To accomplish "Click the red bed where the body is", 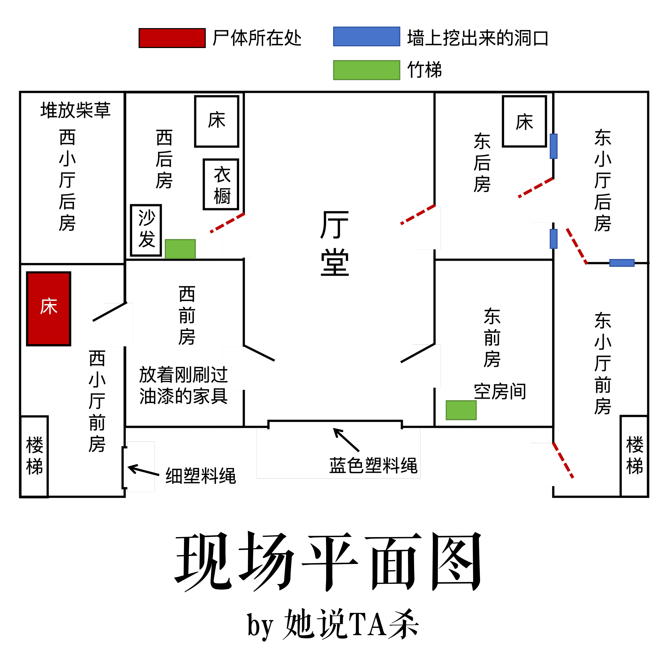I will click(49, 309).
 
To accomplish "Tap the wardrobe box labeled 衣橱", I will click(221, 184).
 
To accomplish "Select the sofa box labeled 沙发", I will click(146, 230).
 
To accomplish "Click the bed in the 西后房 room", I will click(217, 121).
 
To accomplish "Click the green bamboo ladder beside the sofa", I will click(180, 249).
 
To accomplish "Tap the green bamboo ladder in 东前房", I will click(461, 410).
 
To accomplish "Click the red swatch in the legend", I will click(172, 38).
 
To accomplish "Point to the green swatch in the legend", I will click(366, 70).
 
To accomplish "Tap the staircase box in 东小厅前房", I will click(634, 456).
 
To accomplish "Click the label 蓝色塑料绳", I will click(373, 466).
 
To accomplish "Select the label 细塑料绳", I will click(201, 476).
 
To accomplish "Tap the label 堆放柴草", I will click(76, 110).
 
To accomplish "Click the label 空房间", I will click(500, 391).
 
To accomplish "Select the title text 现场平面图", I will click(328, 563).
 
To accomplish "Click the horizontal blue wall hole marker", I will click(622, 263).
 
